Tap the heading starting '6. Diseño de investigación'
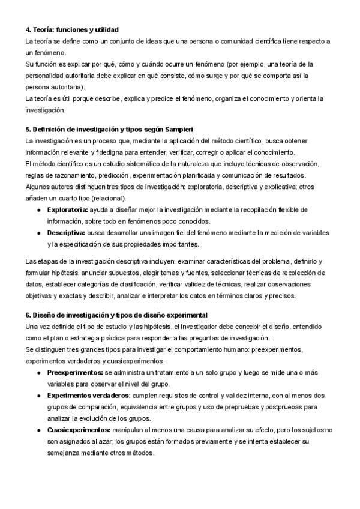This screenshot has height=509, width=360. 116,315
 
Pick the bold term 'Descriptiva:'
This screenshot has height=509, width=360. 67,232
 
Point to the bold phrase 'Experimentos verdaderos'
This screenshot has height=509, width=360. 88,396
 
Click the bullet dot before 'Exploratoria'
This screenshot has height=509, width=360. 39,209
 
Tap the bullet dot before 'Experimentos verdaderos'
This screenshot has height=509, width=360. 39,396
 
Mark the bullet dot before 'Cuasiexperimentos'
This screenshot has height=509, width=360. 39,430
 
